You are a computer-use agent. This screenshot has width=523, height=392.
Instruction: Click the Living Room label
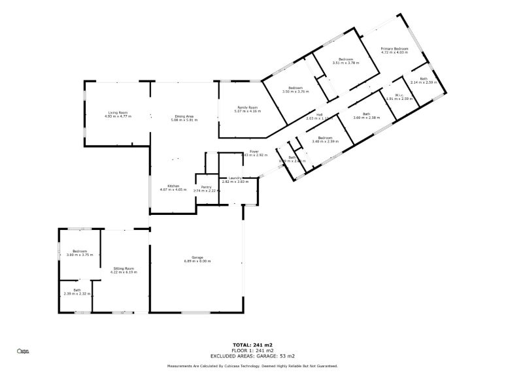118,113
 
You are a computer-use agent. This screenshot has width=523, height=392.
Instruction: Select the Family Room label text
247,107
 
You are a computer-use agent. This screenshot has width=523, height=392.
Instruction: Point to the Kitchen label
173,186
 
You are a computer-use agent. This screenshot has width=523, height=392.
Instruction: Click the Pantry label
206,187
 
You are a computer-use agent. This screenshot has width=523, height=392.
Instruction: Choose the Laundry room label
235,178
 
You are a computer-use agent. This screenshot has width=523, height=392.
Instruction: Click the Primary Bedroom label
395,49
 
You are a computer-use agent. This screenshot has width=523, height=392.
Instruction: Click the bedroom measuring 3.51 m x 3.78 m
346,59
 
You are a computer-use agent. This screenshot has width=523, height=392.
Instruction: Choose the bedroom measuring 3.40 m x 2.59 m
326,138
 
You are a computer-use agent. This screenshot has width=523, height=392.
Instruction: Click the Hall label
320,115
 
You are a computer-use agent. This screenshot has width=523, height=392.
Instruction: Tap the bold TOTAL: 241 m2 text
252,344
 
